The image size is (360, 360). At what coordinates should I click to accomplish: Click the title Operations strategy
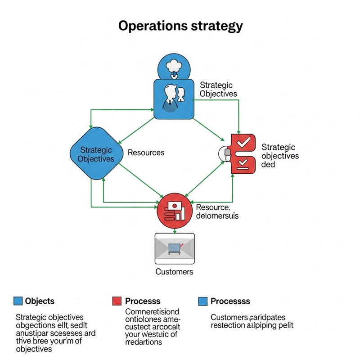(180, 26)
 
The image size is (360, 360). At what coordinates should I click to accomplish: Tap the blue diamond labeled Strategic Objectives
(95, 154)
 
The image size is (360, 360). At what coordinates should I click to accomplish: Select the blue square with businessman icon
(174, 99)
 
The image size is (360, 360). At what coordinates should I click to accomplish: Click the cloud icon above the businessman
(174, 67)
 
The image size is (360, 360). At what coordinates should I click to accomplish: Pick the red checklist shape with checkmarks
(243, 153)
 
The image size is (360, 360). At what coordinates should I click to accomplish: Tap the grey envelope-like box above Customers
(174, 248)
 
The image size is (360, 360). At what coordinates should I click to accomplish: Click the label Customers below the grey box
(174, 272)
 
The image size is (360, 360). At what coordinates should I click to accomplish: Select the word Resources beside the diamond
(146, 153)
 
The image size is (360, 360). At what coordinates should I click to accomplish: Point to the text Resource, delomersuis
(217, 211)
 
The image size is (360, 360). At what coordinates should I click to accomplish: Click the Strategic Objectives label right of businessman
(218, 89)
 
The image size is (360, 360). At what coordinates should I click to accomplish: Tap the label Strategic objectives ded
(280, 156)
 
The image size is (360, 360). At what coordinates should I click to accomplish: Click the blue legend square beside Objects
(18, 301)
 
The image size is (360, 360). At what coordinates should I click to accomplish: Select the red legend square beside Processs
(117, 301)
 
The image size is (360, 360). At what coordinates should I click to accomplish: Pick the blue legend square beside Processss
(202, 301)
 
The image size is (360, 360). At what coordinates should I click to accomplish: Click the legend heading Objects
(40, 301)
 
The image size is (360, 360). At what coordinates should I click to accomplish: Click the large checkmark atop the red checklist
(243, 143)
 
